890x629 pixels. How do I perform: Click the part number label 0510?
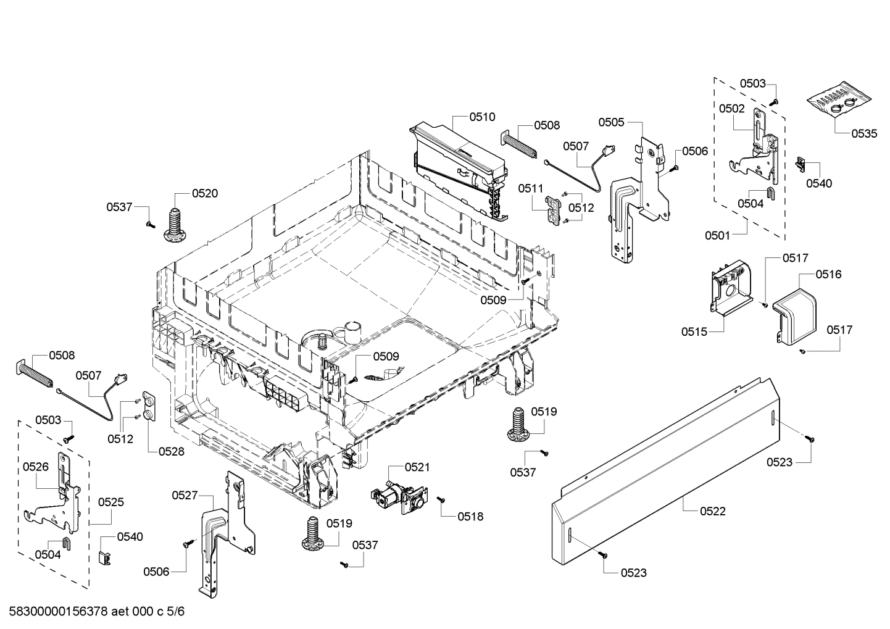(x=482, y=117)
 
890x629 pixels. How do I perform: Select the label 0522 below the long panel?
(x=712, y=511)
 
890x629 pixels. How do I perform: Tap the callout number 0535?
(x=863, y=133)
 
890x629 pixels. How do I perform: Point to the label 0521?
(x=417, y=467)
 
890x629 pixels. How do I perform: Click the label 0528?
(x=171, y=451)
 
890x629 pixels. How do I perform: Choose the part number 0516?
(x=828, y=274)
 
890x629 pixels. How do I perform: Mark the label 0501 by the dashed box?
(x=718, y=235)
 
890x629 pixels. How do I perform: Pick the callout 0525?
(x=111, y=502)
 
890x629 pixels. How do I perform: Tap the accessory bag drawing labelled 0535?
(x=841, y=102)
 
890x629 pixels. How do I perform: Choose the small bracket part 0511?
(x=555, y=210)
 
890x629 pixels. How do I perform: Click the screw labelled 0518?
(x=441, y=499)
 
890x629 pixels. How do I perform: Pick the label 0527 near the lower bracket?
(x=185, y=494)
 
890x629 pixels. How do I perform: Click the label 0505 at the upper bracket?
(x=611, y=122)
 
